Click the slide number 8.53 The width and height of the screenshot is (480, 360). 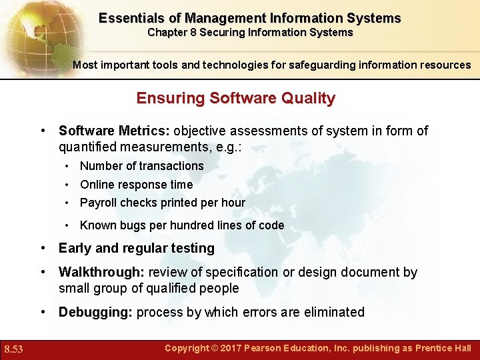(13, 349)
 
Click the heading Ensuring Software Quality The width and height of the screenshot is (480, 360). (236, 98)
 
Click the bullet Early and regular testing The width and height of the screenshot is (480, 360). (137, 248)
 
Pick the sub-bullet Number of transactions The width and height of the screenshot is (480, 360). (141, 165)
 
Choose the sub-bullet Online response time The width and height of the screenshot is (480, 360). (136, 185)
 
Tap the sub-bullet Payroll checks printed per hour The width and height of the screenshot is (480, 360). (162, 203)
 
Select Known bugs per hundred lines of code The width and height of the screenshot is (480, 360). (182, 225)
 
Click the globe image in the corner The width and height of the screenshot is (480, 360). (33, 30)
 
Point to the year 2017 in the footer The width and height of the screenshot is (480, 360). (231, 348)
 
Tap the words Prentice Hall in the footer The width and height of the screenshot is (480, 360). (443, 348)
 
